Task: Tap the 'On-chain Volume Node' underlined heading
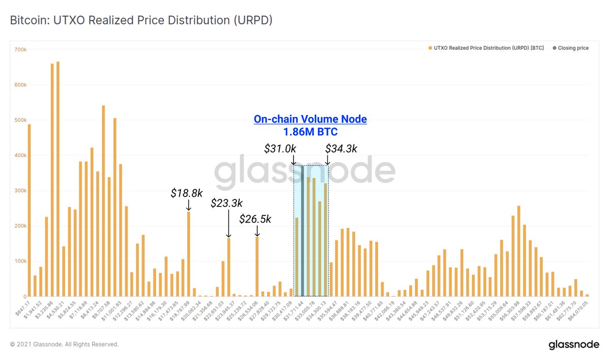coord(310,119)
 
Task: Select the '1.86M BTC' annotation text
coord(310,132)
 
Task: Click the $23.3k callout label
coord(227,203)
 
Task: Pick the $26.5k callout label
coord(256,219)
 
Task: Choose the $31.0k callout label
coord(280,148)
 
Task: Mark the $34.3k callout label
coord(341,148)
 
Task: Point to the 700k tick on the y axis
coord(20,49)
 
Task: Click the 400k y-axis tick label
coord(20,155)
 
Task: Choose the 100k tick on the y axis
coord(20,261)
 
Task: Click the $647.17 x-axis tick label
coord(23,308)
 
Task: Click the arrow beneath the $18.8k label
coord(189,205)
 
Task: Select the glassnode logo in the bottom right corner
coord(574,345)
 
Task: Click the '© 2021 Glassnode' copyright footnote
coord(65,344)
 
